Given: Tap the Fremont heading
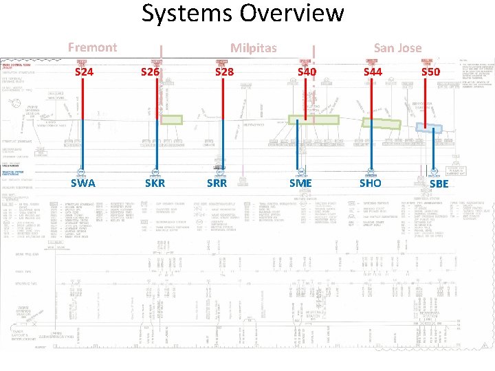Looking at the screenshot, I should (x=92, y=47).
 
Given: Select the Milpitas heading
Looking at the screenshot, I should (x=253, y=47).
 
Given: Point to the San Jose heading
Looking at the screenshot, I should (x=397, y=47).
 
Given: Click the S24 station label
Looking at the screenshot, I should (x=84, y=71).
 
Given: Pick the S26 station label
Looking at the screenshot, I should (x=150, y=71).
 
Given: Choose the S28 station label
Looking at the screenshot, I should (x=224, y=71).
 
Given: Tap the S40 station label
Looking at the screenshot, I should (x=307, y=71).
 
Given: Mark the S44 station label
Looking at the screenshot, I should (x=373, y=71).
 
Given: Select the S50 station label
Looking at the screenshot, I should (x=430, y=71).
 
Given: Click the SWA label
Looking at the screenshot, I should (x=82, y=183).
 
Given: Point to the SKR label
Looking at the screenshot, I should (x=155, y=183).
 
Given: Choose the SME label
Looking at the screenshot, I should (x=300, y=183).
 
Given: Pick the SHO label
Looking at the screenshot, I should (x=370, y=183).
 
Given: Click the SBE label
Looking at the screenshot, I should (x=438, y=183).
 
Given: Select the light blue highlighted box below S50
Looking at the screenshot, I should (x=430, y=127).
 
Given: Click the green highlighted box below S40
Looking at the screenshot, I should (x=313, y=120).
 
